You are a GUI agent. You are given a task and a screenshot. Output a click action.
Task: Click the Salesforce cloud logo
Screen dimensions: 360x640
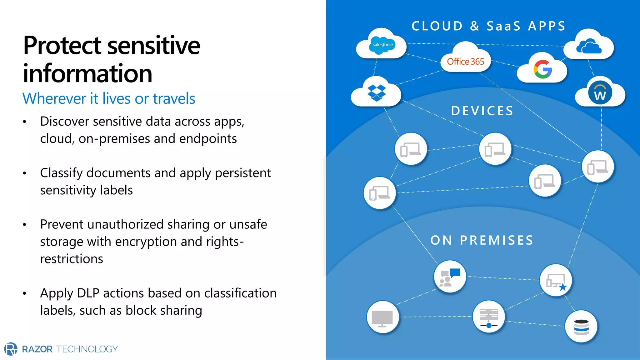point(382,45)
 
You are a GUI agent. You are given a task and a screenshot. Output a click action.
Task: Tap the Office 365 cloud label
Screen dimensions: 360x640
point(465,62)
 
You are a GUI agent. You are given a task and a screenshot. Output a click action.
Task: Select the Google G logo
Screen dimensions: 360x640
point(543,69)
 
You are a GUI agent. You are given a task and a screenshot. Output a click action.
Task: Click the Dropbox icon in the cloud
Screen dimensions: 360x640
point(377,93)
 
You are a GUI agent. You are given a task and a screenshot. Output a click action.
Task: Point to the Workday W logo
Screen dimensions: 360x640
point(600,93)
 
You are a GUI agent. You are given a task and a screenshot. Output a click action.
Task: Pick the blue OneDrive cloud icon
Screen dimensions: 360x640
point(589,47)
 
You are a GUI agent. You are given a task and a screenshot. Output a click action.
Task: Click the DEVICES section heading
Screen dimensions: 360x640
point(482,111)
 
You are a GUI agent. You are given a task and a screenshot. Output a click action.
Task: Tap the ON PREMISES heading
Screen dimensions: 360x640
point(482,240)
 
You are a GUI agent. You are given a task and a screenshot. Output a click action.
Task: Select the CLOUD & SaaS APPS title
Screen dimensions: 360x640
point(488,26)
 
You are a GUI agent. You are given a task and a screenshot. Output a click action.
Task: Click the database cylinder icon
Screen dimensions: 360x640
point(581,327)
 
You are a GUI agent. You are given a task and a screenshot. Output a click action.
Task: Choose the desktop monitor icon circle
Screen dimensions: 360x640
point(382,317)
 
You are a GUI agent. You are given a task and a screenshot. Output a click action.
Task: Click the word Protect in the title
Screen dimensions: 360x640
point(62,46)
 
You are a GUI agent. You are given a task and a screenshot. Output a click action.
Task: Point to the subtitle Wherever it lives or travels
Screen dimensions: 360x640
point(109,99)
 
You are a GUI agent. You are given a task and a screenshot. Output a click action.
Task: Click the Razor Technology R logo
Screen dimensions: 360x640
point(11,349)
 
